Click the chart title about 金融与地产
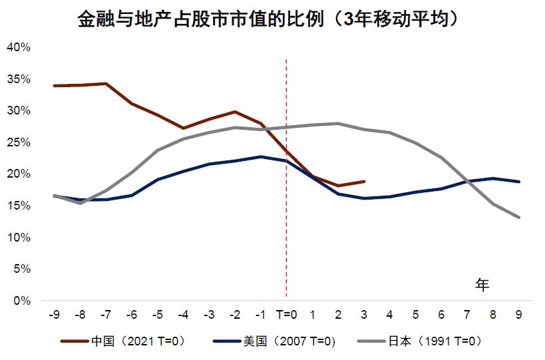pos(269,19)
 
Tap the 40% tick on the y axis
pos(18,47)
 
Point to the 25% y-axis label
pos(18,142)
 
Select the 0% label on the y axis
pos(21,301)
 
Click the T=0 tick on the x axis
pos(286,313)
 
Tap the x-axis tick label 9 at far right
pos(518,313)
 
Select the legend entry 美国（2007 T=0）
pos(273,341)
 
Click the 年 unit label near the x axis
pos(482,285)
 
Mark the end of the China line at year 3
pos(364,181)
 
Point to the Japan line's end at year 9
pos(518,217)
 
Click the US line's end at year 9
pos(518,182)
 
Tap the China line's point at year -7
pos(106,84)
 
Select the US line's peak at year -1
pos(261,157)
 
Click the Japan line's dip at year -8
pos(80,203)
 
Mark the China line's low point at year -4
pos(183,128)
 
